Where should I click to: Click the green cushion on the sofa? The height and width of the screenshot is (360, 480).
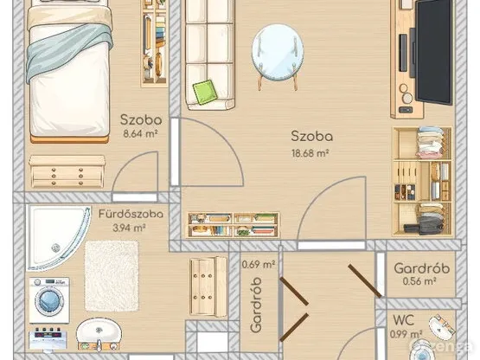coord(205,92)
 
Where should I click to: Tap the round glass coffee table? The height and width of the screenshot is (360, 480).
coord(278,54)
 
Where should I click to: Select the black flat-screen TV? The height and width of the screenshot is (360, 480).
coord(433,52)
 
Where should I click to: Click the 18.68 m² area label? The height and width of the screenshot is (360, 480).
coord(310,153)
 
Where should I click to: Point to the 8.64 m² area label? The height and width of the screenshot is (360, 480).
coord(140,133)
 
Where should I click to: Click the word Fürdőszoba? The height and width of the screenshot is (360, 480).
coord(131,214)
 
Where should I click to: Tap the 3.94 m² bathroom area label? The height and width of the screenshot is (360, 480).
coord(129,228)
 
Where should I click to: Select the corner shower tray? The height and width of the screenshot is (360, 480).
coord(59,238)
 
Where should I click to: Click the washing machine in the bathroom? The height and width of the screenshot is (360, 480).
coord(49,300)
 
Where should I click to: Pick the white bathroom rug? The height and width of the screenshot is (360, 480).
coord(112,276)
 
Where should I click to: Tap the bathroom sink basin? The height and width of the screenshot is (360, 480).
coord(99,332)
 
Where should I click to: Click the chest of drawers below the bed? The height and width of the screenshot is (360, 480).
coord(67,171)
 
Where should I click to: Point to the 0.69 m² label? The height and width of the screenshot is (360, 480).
coord(259,264)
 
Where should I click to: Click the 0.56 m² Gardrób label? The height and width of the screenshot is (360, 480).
coord(419,281)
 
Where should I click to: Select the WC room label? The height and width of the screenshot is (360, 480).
coord(404,320)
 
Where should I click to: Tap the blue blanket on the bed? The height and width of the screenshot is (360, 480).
coord(70,49)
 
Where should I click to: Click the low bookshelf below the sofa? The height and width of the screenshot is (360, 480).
coord(234,225)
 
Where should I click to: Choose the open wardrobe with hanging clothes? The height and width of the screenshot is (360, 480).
coord(422,182)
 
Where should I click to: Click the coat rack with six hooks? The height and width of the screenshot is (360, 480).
coord(208,286)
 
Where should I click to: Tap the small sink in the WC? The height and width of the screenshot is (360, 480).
coord(439,325)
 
